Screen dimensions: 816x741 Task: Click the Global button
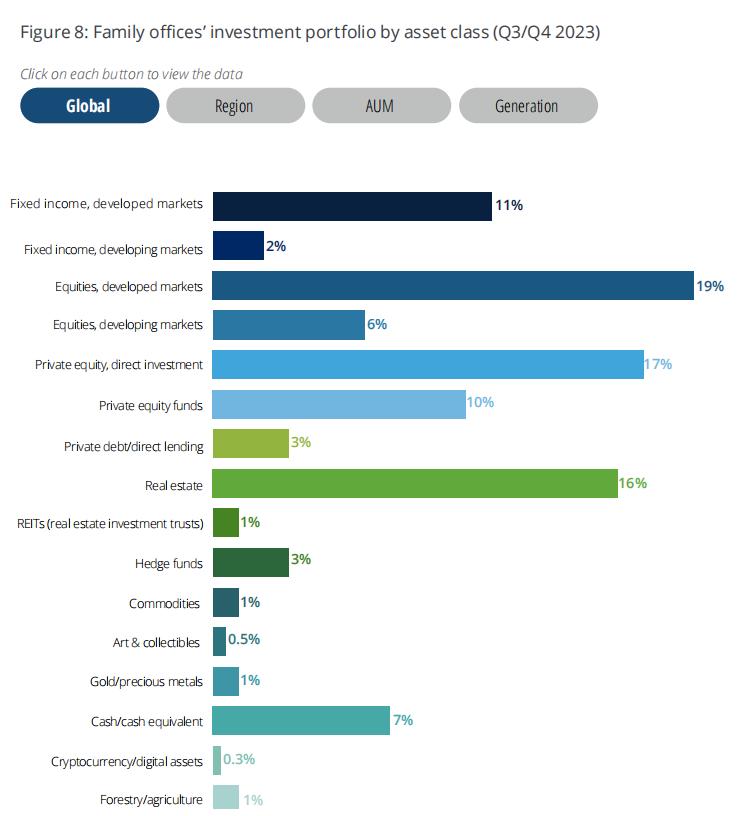click(89, 105)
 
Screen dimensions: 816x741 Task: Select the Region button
click(235, 105)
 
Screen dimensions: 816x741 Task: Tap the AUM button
click(381, 105)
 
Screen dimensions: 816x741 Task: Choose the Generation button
click(527, 105)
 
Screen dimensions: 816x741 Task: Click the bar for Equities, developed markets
click(453, 286)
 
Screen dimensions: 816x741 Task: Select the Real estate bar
click(415, 484)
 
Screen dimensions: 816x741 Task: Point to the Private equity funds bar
click(339, 404)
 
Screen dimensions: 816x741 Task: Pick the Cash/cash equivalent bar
click(301, 720)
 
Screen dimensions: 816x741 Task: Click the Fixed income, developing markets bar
click(238, 246)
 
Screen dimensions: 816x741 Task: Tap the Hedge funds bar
click(251, 562)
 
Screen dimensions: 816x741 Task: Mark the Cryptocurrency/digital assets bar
click(217, 760)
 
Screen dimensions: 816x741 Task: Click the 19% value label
click(710, 286)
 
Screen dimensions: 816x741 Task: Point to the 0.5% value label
click(245, 640)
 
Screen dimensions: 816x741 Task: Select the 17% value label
click(658, 364)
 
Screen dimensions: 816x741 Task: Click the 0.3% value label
click(239, 759)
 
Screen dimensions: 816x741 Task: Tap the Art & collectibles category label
click(156, 642)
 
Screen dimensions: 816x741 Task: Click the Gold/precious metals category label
click(146, 682)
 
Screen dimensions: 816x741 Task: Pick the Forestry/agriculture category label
click(151, 799)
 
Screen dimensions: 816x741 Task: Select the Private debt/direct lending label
click(133, 446)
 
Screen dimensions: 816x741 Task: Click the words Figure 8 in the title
click(52, 32)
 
